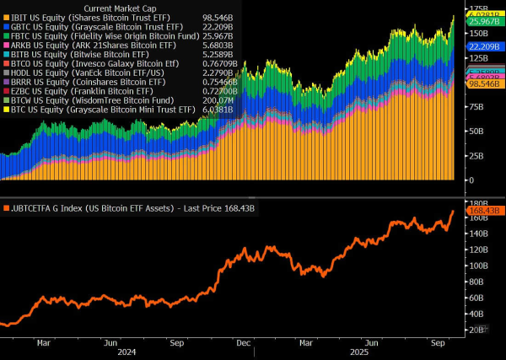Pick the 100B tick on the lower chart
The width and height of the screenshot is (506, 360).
pyautogui.click(x=478, y=265)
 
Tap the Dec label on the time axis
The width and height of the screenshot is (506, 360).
pyautogui.click(x=243, y=343)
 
